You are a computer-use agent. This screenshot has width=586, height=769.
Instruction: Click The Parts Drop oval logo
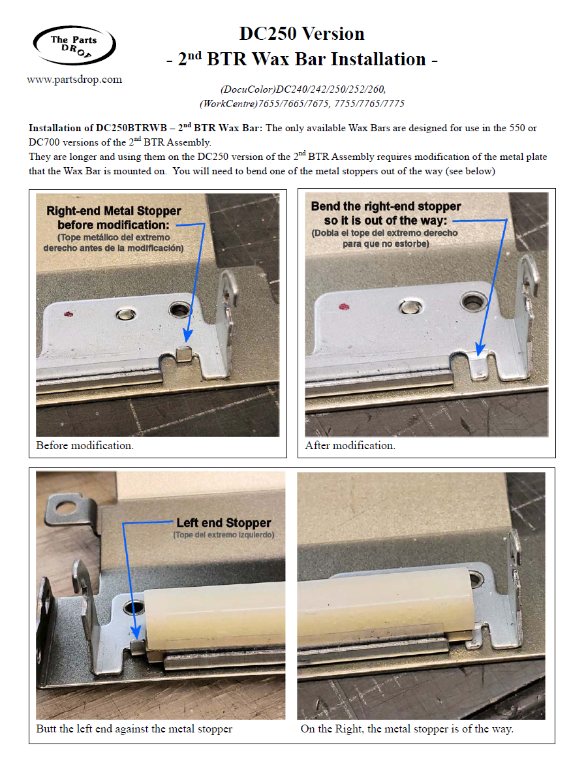(x=74, y=46)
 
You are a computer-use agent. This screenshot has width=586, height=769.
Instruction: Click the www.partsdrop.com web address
(x=74, y=80)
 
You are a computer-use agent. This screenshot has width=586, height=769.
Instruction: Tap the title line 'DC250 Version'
(x=301, y=33)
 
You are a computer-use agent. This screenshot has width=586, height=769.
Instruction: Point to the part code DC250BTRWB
(x=131, y=128)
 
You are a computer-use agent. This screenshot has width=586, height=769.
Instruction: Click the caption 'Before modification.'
(x=85, y=445)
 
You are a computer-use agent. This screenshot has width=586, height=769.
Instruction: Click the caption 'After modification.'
(x=350, y=445)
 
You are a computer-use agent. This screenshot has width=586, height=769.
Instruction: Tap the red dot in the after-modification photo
(x=345, y=307)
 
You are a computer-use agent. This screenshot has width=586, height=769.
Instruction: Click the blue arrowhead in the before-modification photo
(x=187, y=336)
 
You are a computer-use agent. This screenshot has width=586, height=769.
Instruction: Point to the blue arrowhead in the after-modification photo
(x=480, y=349)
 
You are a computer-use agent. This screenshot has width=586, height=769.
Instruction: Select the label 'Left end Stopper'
(x=224, y=523)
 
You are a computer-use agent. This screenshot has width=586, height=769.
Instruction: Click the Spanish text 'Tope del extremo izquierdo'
(x=224, y=535)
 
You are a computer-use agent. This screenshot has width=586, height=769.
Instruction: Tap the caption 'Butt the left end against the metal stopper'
(x=134, y=729)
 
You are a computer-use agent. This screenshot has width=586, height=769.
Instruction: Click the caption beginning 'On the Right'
(x=407, y=729)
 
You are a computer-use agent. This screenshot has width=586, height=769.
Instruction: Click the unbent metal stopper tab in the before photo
(x=183, y=354)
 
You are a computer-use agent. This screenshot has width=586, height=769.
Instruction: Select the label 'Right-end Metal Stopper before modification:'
(x=114, y=218)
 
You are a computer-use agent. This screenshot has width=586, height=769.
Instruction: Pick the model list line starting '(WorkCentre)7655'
(x=302, y=104)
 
